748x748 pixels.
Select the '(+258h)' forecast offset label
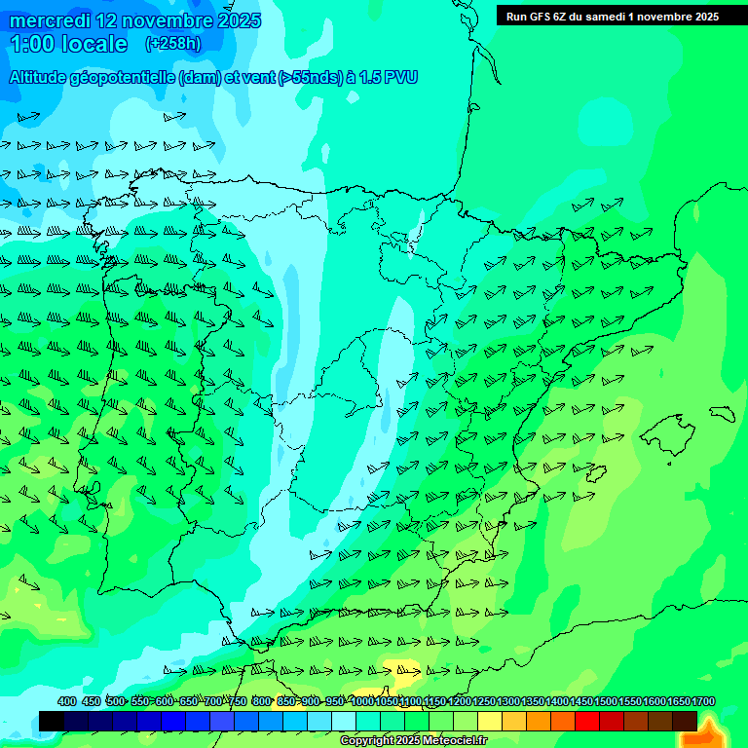(x=173, y=44)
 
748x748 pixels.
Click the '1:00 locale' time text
(x=68, y=44)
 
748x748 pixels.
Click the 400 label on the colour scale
(x=67, y=701)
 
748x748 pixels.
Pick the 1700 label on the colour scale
(x=704, y=701)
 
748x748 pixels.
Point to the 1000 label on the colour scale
(x=361, y=701)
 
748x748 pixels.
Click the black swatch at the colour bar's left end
(x=52, y=721)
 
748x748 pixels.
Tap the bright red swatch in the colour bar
(x=587, y=721)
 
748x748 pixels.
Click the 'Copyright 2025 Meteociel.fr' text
(x=413, y=741)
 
